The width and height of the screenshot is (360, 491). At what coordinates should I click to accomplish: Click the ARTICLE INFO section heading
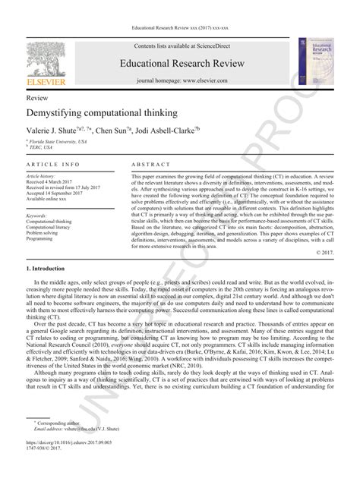point(53,165)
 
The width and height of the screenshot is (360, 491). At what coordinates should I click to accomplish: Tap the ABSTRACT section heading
point(149,165)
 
